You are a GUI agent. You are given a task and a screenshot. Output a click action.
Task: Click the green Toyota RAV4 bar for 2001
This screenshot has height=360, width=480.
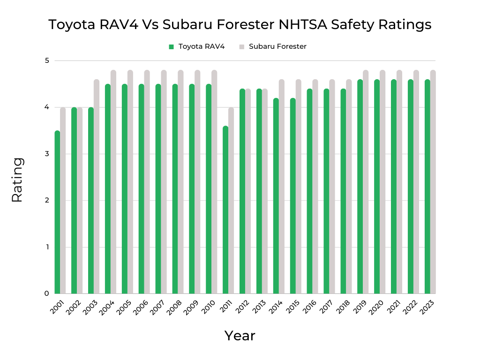(x=57, y=212)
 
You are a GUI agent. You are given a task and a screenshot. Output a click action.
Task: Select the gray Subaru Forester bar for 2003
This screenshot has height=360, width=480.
(x=97, y=187)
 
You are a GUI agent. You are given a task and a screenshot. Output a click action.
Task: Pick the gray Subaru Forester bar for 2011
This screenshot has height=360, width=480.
(x=231, y=201)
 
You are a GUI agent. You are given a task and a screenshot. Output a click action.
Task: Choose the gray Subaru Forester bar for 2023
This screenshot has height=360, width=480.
(x=433, y=182)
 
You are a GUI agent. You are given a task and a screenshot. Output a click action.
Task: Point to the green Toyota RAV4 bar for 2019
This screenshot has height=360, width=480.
(x=360, y=187)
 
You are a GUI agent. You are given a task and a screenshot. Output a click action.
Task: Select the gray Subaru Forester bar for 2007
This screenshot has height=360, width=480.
(x=164, y=182)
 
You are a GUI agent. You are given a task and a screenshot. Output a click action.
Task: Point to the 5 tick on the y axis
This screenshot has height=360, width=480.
(x=47, y=60)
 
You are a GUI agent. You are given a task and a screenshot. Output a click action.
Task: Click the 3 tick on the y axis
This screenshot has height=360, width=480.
(x=47, y=154)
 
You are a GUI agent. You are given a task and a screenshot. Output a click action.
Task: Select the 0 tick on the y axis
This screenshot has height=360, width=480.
(x=47, y=293)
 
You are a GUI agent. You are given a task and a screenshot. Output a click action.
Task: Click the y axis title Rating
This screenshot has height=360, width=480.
(x=17, y=180)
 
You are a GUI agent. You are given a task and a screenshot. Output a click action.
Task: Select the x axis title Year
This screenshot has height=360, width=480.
(x=240, y=336)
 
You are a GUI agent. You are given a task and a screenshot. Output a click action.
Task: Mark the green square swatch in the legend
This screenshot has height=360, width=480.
(x=172, y=47)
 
